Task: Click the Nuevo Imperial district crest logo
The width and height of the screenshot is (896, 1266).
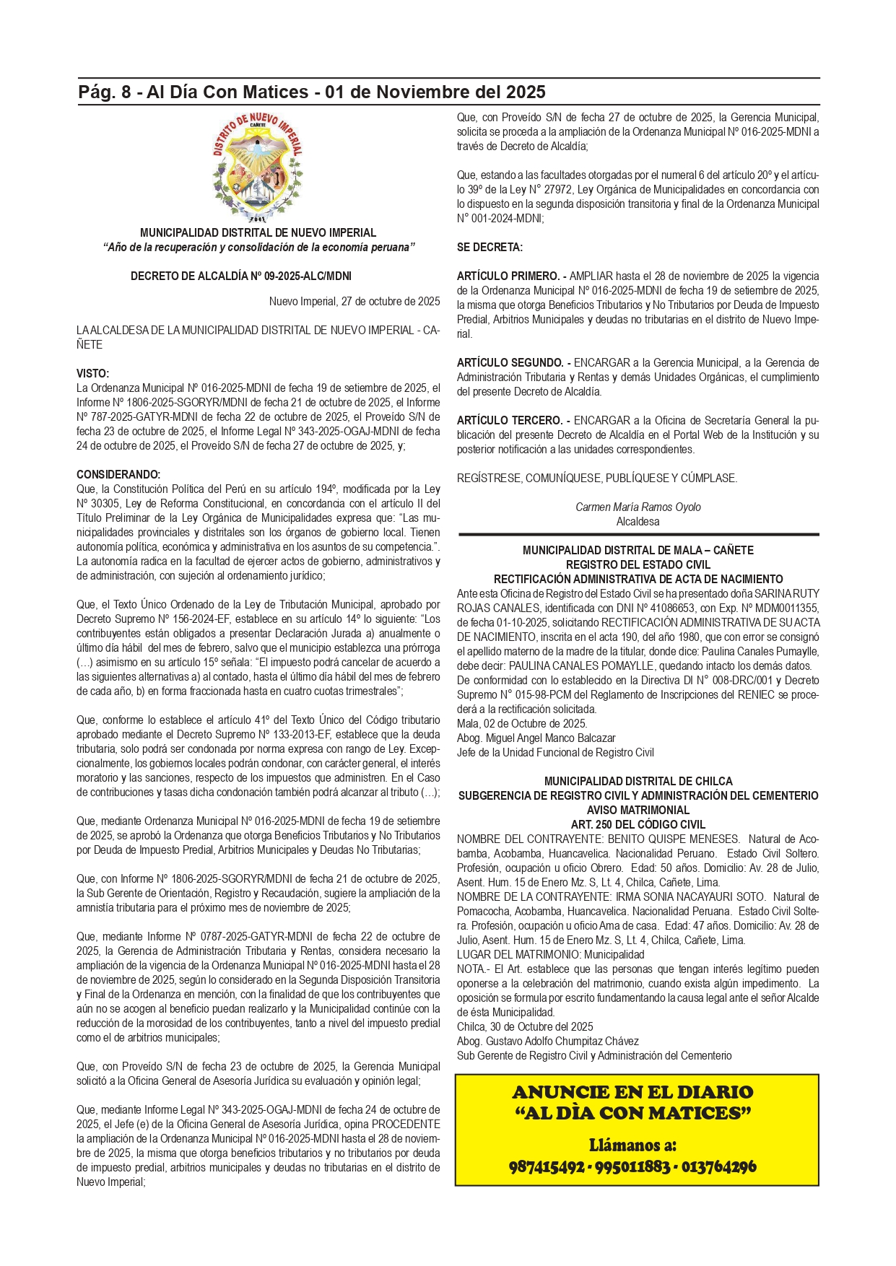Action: pyautogui.click(x=258, y=167)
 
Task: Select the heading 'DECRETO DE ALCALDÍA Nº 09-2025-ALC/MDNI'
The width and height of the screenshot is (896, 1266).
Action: pyautogui.click(x=241, y=276)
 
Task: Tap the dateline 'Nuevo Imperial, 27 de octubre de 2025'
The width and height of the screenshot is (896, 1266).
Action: pyautogui.click(x=355, y=302)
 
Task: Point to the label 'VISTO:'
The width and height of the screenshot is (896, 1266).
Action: pyautogui.click(x=93, y=374)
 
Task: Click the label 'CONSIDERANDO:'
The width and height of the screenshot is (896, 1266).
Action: pyautogui.click(x=118, y=475)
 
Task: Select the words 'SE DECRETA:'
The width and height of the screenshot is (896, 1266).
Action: pyautogui.click(x=490, y=248)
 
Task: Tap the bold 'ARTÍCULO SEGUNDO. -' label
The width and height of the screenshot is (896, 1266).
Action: pyautogui.click(x=513, y=363)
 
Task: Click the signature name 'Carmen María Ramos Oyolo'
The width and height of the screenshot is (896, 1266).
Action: pyautogui.click(x=638, y=507)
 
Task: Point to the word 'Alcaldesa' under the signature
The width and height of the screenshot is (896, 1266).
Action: pyautogui.click(x=638, y=522)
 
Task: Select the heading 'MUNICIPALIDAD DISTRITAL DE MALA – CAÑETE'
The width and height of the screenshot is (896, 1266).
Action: pyautogui.click(x=638, y=551)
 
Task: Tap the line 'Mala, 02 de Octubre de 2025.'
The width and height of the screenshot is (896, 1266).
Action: pyautogui.click(x=522, y=724)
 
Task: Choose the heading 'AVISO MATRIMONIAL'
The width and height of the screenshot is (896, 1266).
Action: pyautogui.click(x=638, y=811)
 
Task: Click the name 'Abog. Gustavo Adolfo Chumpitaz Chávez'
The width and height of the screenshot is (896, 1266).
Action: pyautogui.click(x=548, y=1042)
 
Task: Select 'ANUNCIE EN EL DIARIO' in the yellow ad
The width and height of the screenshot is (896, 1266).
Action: pyautogui.click(x=632, y=1092)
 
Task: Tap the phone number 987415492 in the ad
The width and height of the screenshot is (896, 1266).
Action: pyautogui.click(x=547, y=1167)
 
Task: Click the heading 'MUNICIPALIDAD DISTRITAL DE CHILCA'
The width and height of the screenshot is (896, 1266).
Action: pyautogui.click(x=638, y=782)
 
